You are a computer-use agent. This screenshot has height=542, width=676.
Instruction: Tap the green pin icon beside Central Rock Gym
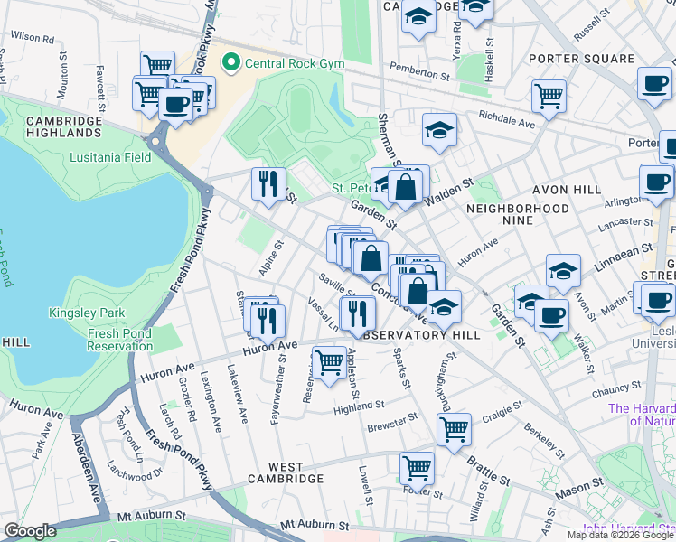tap(231, 62)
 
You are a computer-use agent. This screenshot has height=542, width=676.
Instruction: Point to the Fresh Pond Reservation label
tap(120, 340)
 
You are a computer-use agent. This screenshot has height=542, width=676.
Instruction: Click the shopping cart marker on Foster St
tap(417, 467)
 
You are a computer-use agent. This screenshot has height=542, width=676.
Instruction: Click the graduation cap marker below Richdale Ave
tap(439, 130)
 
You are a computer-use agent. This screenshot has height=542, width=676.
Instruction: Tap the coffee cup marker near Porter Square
tap(654, 84)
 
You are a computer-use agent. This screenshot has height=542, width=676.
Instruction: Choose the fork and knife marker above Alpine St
tap(268, 184)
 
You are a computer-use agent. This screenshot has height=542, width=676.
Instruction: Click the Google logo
tap(30, 531)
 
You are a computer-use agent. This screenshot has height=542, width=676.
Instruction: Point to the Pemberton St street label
tap(418, 68)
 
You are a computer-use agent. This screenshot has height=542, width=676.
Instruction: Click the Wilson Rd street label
tap(33, 37)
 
